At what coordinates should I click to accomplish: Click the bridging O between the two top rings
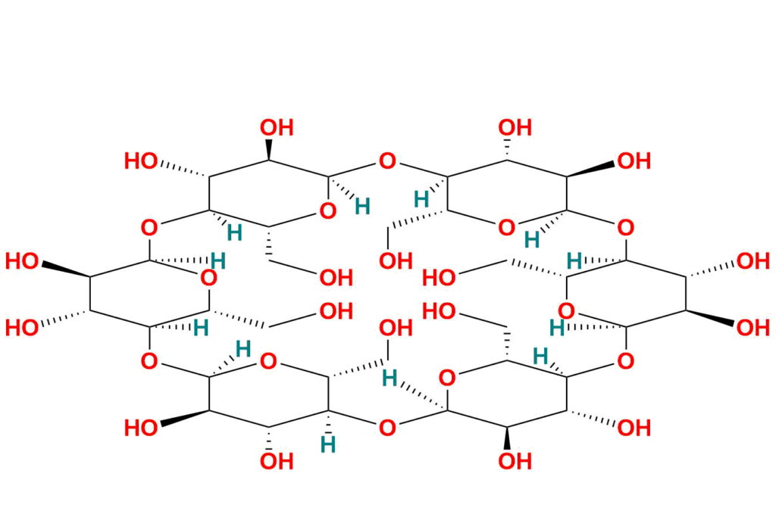coord(387,161)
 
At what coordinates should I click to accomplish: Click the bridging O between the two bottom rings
coord(387,429)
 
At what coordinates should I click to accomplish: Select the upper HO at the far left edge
coord(22,262)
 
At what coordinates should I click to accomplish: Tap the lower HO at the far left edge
coord(22,328)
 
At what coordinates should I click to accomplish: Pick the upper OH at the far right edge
coord(754,262)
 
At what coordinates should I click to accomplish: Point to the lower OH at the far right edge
coord(754,328)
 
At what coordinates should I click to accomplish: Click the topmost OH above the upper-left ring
coord(277,127)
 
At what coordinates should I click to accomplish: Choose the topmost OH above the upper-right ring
coord(515,127)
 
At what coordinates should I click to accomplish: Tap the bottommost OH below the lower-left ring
coord(277,461)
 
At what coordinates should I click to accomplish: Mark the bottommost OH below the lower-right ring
coord(515,461)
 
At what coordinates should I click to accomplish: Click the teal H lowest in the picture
coord(329,444)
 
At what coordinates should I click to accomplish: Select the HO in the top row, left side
coord(142,161)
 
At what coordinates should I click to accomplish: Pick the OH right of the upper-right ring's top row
coord(634,161)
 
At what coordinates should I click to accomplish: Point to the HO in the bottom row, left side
coord(142,429)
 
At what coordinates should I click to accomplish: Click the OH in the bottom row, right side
coord(634,429)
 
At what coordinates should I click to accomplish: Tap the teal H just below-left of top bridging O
coord(363,206)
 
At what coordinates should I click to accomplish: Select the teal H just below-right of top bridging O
coord(421,200)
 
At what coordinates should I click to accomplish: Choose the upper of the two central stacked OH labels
coord(395,261)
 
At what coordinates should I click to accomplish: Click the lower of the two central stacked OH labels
coord(395,329)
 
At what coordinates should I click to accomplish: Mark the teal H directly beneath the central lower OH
coord(390,377)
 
